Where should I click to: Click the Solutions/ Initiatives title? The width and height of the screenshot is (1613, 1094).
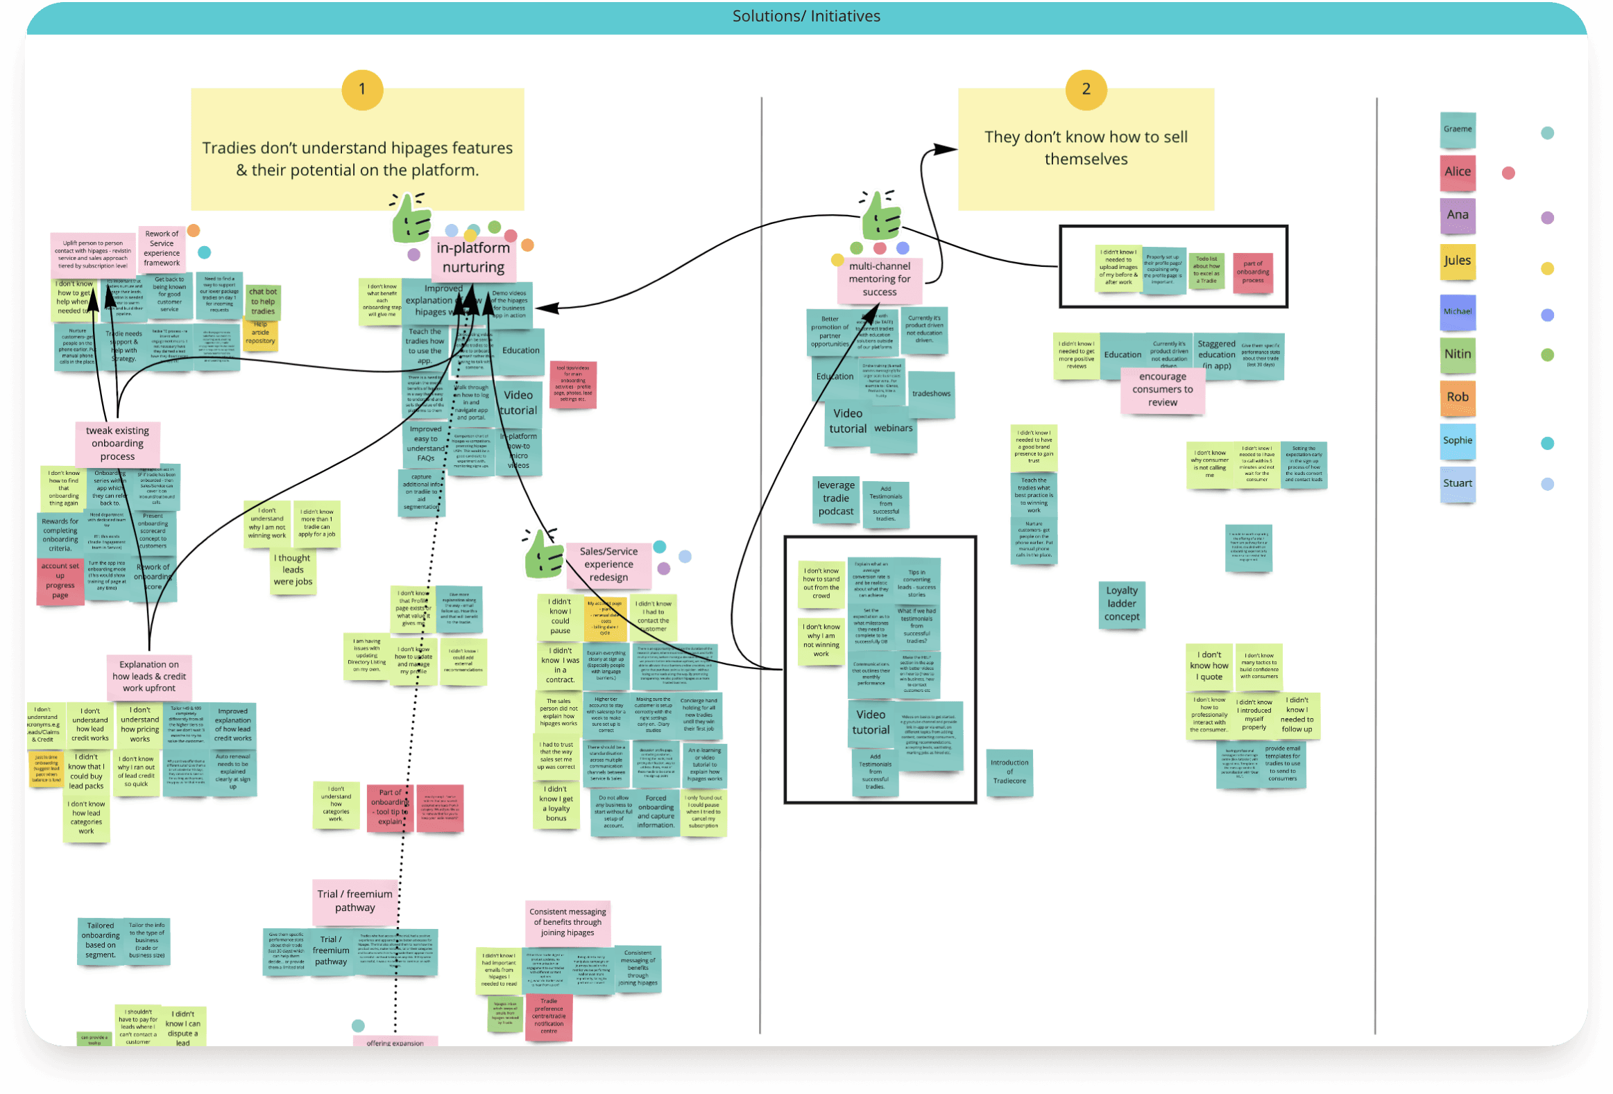(805, 16)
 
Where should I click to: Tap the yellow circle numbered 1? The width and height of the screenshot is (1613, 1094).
(362, 89)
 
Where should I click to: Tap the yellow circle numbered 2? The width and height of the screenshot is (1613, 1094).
(1086, 89)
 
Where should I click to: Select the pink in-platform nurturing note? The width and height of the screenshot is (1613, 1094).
(473, 257)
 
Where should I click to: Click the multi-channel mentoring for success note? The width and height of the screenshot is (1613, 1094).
(880, 279)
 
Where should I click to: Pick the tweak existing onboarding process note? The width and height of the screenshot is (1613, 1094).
(117, 443)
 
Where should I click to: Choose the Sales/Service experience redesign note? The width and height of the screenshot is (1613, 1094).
(608, 564)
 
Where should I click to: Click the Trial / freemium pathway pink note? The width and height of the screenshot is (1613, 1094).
(355, 901)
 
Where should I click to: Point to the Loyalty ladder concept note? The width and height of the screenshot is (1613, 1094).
(1122, 604)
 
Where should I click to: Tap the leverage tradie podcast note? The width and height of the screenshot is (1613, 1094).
(836, 498)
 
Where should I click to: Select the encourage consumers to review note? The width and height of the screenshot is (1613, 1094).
(1162, 389)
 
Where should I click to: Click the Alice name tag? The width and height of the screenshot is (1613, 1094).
(1458, 172)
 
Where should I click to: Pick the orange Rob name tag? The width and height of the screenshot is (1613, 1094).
(1458, 397)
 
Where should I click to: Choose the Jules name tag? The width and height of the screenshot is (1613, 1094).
(1458, 261)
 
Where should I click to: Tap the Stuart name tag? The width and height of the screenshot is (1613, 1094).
(1458, 483)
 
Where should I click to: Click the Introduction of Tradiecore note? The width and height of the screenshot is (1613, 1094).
(1009, 772)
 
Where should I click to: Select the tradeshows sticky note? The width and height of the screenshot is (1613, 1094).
(932, 394)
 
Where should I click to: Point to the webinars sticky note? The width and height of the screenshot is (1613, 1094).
(894, 428)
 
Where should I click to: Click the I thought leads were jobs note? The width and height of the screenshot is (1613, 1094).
(293, 571)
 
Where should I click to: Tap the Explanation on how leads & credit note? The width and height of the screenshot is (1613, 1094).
(149, 677)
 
